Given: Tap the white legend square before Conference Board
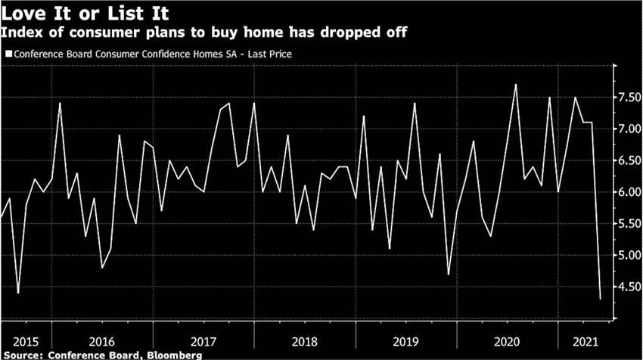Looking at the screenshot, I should pyautogui.click(x=8, y=54).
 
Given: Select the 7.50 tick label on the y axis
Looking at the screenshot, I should pyautogui.click(x=629, y=97).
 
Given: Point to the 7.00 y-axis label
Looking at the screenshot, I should pyautogui.click(x=629, y=129).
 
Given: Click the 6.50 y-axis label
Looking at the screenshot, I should pyautogui.click(x=629, y=160).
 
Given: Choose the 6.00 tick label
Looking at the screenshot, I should pyautogui.click(x=629, y=192).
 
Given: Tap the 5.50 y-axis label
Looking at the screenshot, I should pyautogui.click(x=629, y=224).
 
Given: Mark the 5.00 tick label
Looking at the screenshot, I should pyautogui.click(x=629, y=256).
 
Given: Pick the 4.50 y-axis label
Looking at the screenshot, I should pyautogui.click(x=629, y=287).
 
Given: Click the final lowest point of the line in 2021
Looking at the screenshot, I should pyautogui.click(x=601, y=299).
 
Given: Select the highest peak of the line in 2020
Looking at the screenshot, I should pyautogui.click(x=515, y=85).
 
